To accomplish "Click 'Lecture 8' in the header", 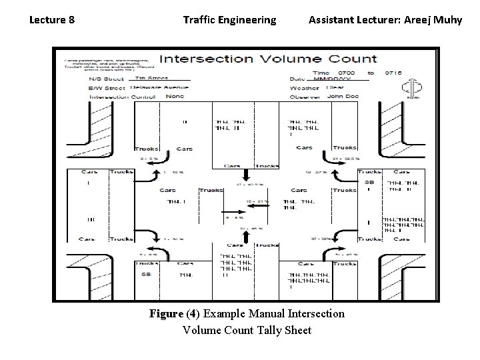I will point(52,19).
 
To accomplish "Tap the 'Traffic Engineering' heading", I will point(229,19).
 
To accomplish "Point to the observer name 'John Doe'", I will point(343,96).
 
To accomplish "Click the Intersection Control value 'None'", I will point(175,96).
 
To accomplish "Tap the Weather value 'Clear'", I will point(335,87).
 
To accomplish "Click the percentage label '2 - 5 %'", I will point(149,159).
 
